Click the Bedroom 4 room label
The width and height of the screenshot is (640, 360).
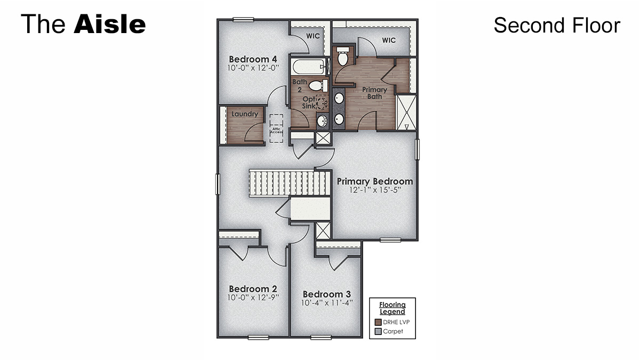253,59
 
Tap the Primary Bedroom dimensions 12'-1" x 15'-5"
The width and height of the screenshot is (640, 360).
374,190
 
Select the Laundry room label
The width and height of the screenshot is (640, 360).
245,114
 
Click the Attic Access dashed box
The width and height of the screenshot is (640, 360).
276,129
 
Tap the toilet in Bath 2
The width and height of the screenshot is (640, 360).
317,85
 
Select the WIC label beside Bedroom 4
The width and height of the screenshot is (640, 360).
313,36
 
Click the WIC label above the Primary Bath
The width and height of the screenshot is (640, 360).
389,41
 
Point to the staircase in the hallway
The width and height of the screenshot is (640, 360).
288,183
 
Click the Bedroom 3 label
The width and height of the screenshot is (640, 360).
326,294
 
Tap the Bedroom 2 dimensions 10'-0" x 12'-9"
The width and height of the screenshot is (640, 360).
253,298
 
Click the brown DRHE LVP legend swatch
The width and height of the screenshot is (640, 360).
378,322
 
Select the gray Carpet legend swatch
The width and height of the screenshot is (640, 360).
378,331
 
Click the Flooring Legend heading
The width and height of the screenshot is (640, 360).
392,308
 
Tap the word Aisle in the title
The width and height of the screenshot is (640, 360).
110,25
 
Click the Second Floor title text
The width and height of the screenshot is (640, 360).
557,25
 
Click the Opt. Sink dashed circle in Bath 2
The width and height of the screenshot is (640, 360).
322,102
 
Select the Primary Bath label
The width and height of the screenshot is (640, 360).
374,93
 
